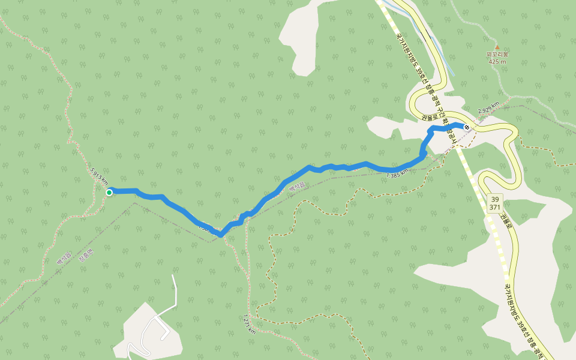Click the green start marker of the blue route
coord(109,192)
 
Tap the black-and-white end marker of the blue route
coord(467,127)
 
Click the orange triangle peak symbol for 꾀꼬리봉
coord(497,47)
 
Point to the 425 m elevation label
coord(497,61)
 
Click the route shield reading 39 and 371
coord(495,203)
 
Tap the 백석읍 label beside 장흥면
coord(64,259)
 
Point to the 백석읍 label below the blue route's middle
coord(297,188)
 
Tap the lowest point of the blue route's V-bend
coord(221,235)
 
